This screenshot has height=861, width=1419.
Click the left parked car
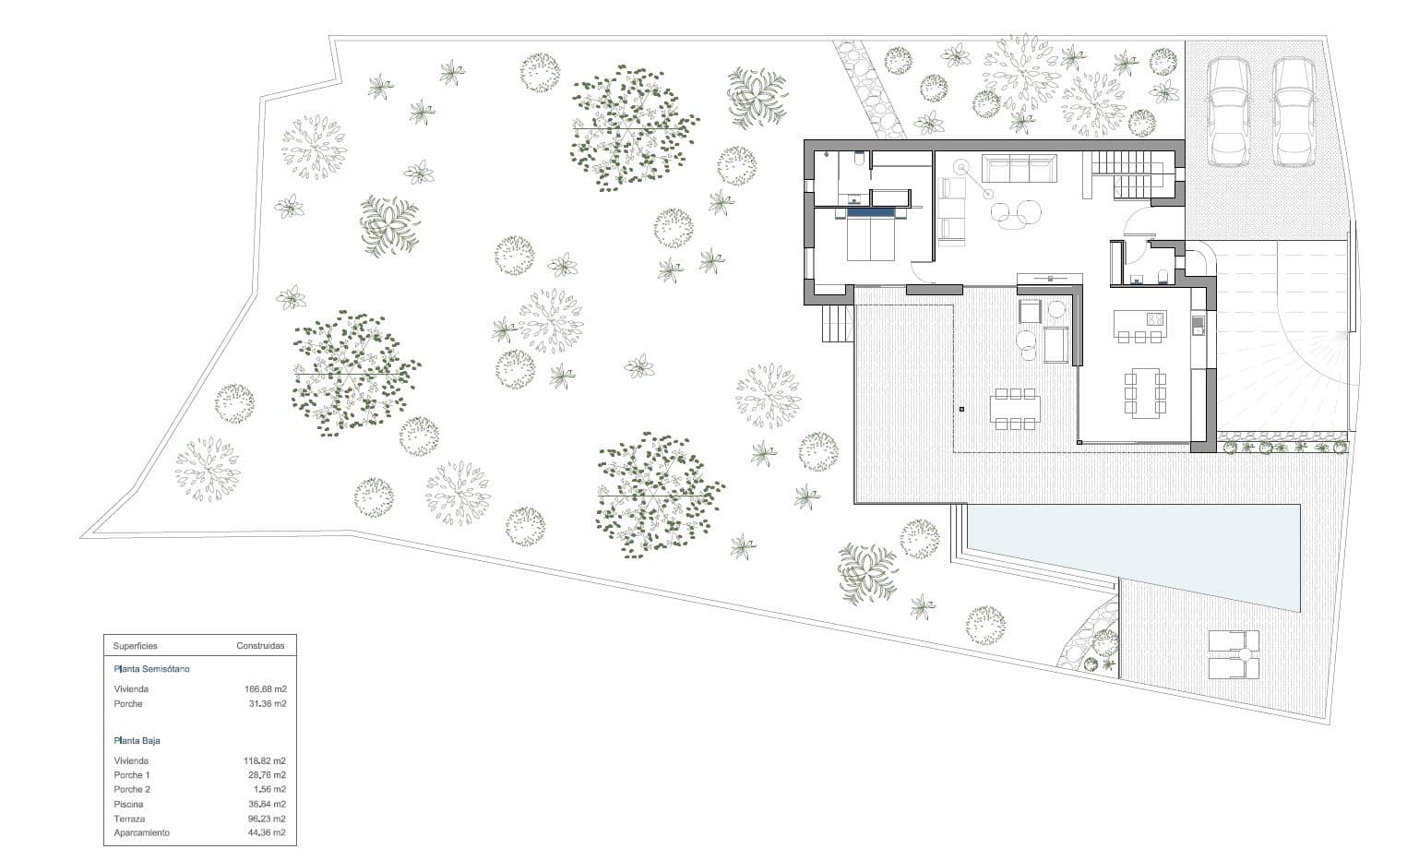pos(1229,112)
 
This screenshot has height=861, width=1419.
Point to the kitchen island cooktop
pos(1154,319)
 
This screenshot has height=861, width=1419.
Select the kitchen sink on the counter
pos(1198,325)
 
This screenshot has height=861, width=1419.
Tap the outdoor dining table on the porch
pos(1015,409)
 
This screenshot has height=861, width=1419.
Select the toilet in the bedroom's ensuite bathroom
pos(859,161)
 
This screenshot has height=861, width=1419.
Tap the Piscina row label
pos(128,805)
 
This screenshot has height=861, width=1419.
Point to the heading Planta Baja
pos(137,741)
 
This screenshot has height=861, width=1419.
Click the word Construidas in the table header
pos(260,647)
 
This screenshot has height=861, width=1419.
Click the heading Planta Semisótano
pos(151,669)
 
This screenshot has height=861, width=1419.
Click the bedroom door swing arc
pos(921,270)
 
